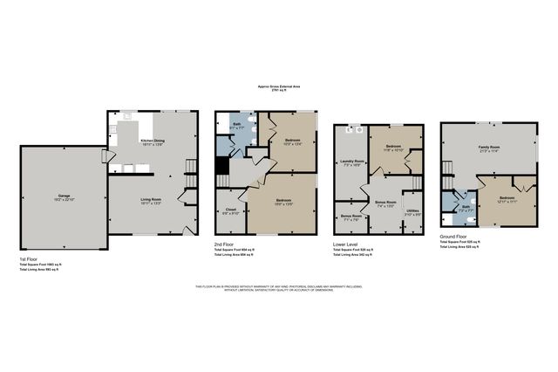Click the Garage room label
[64, 196]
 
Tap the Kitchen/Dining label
[153, 141]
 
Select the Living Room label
[153, 200]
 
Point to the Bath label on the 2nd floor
[237, 126]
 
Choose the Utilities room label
[412, 210]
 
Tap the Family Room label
[488, 148]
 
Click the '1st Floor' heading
[29, 259]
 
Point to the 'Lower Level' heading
[345, 245]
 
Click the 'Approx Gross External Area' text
[278, 87]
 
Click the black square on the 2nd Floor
[222, 165]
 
